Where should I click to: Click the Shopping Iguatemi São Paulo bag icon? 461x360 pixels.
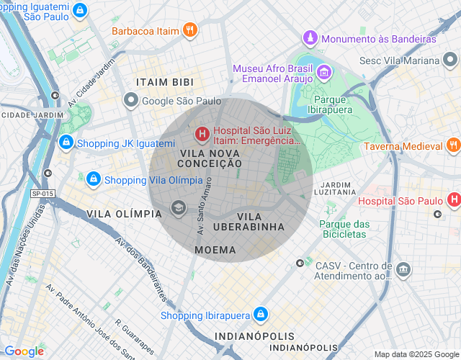point(81,11)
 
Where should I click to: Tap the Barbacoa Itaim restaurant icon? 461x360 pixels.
point(189,30)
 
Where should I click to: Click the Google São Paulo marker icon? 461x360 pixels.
point(130,101)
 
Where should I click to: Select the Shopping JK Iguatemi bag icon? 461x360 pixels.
point(66,143)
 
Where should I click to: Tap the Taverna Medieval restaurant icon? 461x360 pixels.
point(452,145)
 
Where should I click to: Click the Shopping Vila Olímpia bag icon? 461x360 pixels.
point(93,179)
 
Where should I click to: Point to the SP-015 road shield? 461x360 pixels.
point(43,194)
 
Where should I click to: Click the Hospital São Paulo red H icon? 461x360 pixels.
point(454,199)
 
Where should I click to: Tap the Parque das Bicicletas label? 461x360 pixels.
point(344,229)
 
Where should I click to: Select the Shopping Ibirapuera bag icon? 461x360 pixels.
point(261,315)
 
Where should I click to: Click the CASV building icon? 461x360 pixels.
point(403,270)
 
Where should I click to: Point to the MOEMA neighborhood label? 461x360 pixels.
point(215,249)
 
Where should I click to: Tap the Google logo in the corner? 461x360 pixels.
point(24,351)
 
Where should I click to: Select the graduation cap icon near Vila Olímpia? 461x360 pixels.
point(177,209)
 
